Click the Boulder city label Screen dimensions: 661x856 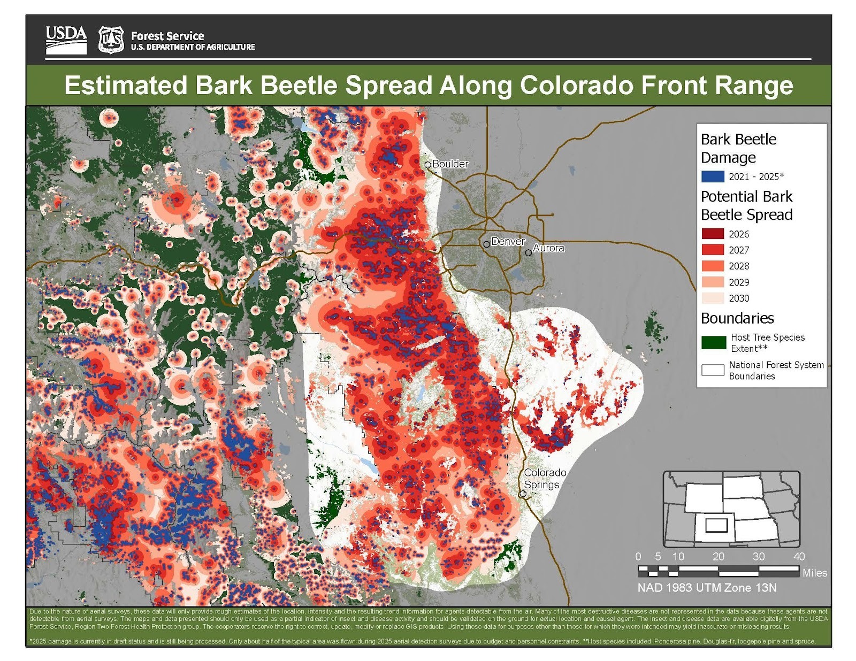tap(450, 164)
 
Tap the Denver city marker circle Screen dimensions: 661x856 tap(486, 244)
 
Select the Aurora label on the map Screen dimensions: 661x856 tap(548, 248)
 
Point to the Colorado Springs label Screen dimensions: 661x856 tap(544, 479)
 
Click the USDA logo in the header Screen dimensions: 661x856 tap(66, 40)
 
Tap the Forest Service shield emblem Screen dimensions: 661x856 tap(111, 40)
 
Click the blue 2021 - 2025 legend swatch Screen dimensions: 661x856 tap(713, 176)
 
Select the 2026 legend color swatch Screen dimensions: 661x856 tap(713, 234)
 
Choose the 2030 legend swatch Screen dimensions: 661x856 tap(713, 298)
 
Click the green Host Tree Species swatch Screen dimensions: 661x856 tap(713, 343)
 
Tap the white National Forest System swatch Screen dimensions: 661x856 tap(713, 370)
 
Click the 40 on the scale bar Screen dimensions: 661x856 tap(798, 557)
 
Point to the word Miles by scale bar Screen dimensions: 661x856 tap(814, 573)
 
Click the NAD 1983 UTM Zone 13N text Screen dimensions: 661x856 tap(706, 588)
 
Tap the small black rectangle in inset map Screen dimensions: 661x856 tap(716, 525)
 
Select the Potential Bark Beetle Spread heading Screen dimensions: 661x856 tap(746, 205)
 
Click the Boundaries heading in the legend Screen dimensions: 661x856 tap(737, 318)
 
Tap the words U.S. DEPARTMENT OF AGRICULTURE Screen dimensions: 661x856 tap(193, 47)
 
